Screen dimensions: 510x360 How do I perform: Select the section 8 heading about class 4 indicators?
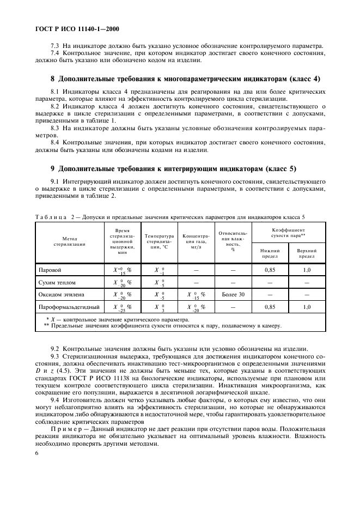185,78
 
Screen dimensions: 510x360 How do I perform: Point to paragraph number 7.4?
56,53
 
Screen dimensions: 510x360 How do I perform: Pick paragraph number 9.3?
56,356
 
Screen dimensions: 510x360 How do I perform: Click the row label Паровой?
49,270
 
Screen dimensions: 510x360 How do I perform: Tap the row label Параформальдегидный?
68,307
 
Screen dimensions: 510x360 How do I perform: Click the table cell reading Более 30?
233,295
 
